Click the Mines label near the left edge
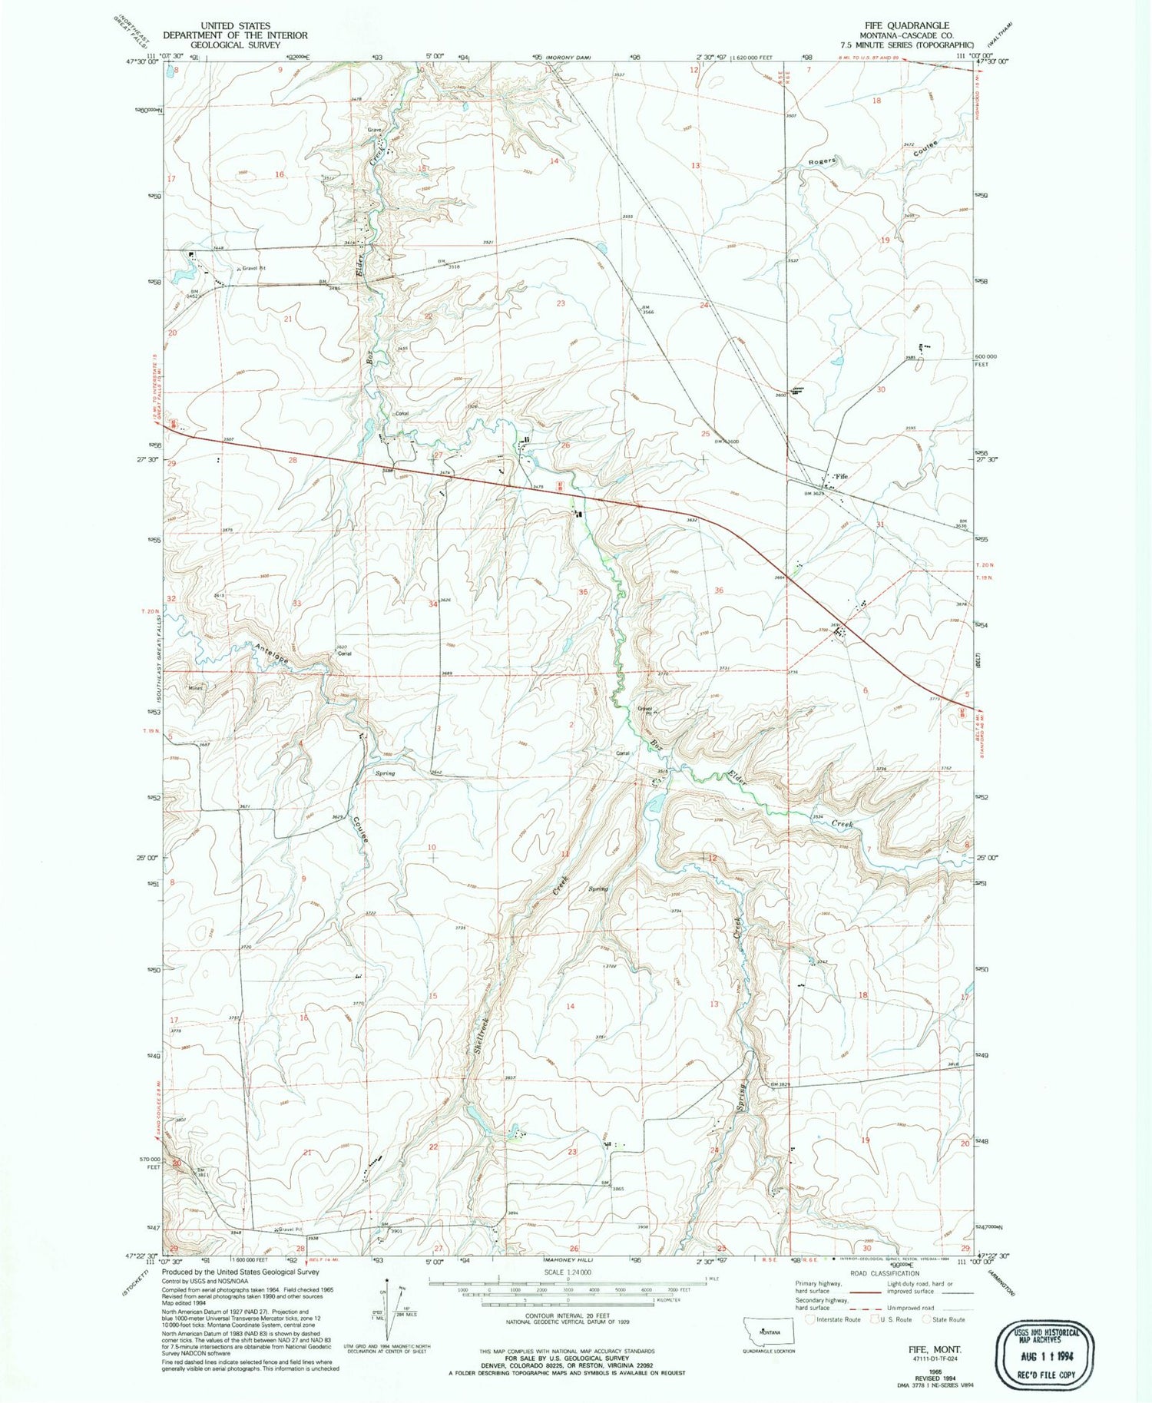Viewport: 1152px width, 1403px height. (196, 688)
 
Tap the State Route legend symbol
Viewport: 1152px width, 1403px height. (927, 1319)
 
